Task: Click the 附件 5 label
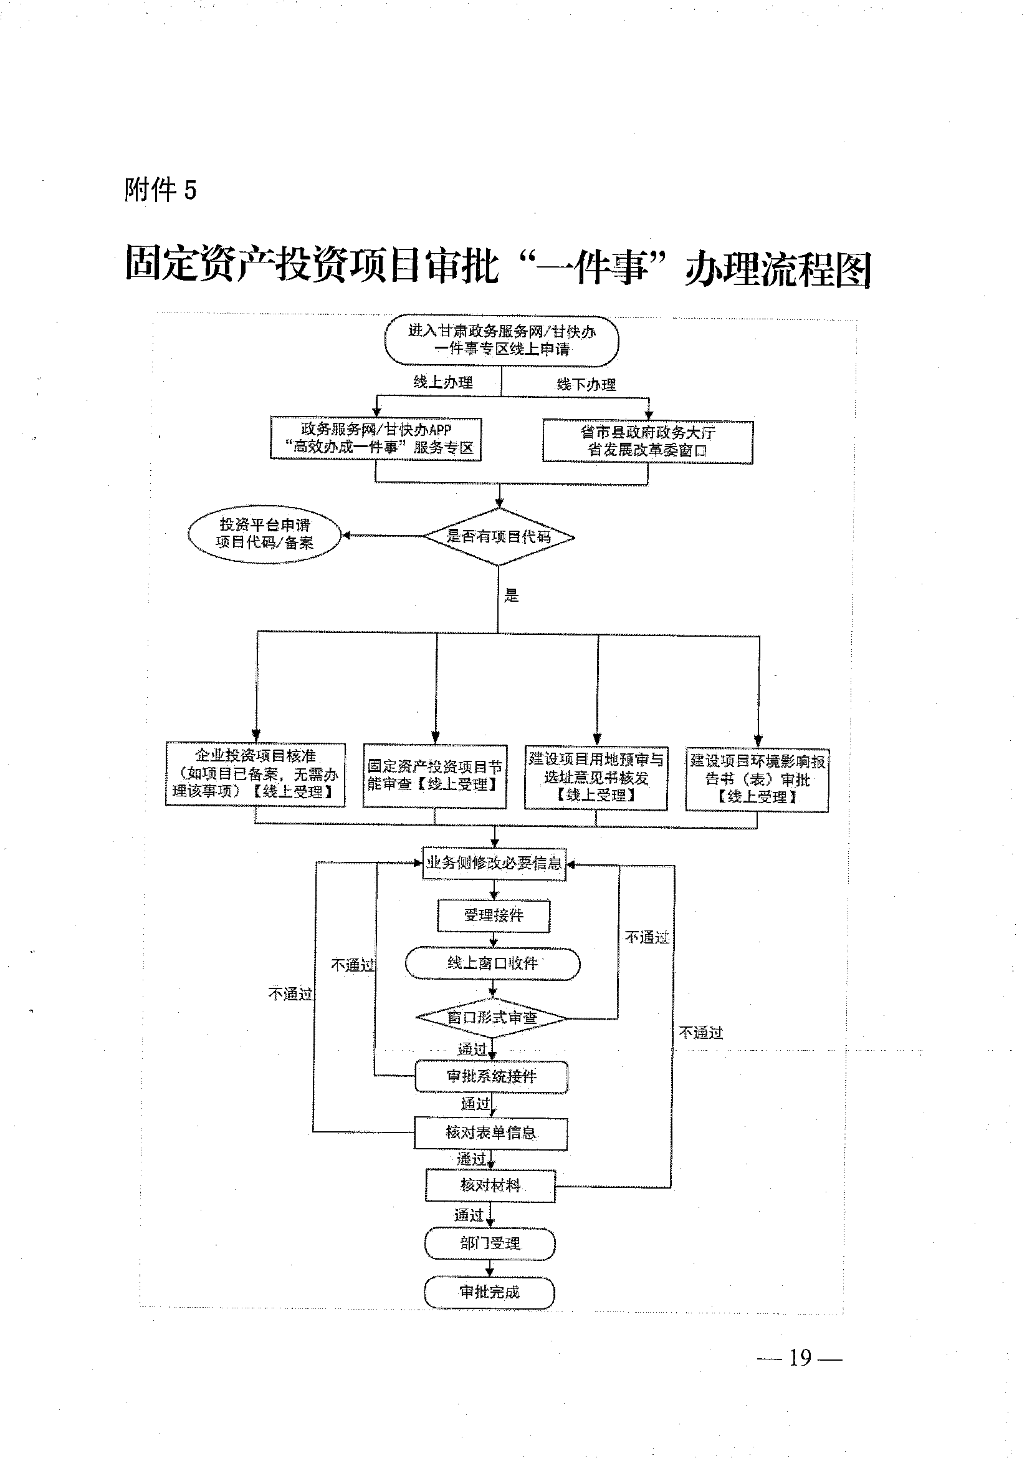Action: (x=161, y=190)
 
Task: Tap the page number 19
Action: (x=800, y=1358)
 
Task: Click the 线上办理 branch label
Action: (x=443, y=382)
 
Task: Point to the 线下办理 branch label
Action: (x=586, y=384)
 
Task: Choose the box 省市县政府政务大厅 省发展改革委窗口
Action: (x=647, y=442)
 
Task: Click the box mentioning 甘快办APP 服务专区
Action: (x=376, y=438)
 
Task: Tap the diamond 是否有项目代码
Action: (x=499, y=537)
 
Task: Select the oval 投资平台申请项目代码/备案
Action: (x=264, y=533)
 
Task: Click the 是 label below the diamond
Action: (x=512, y=596)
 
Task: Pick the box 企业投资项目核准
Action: (x=256, y=774)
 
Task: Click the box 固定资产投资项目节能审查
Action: (x=434, y=776)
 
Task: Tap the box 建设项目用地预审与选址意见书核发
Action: (x=596, y=777)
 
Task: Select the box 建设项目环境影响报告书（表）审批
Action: (x=757, y=780)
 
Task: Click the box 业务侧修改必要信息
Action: (x=494, y=863)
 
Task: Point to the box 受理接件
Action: (x=494, y=915)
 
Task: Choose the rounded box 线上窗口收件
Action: (x=492, y=963)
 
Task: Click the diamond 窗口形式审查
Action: (x=492, y=1017)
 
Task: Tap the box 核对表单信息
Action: (x=490, y=1132)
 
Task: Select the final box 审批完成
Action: (x=489, y=1291)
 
